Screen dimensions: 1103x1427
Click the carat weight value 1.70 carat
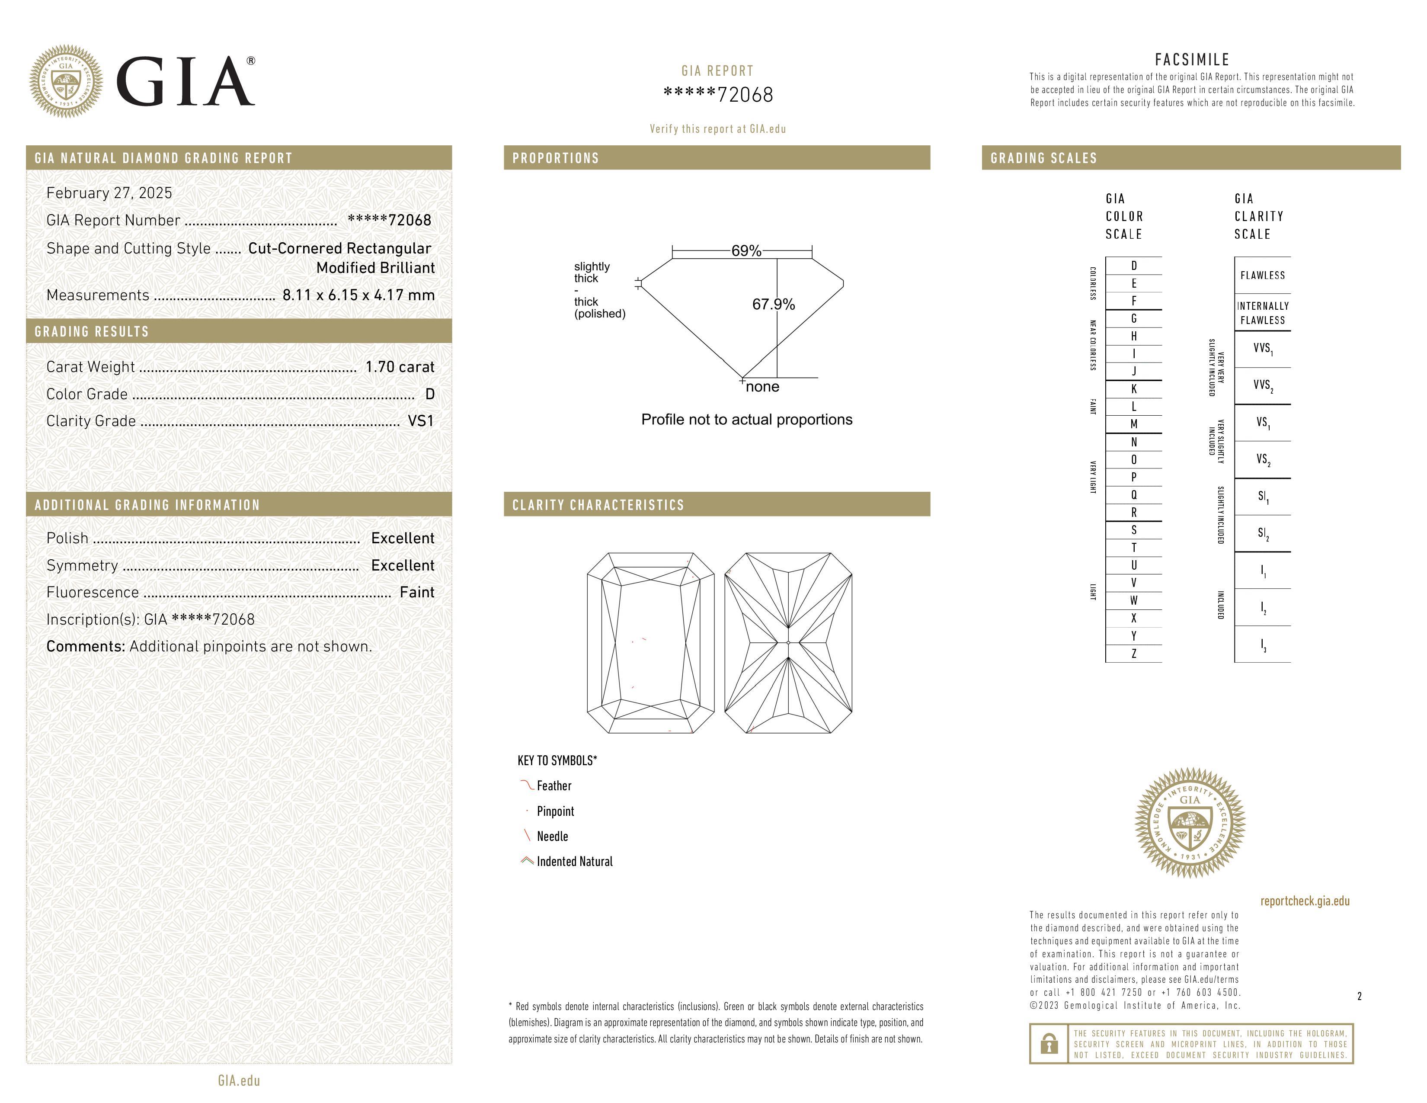(399, 366)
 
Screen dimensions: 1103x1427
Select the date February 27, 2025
(109, 193)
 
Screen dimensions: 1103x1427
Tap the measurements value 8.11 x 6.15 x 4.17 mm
(358, 295)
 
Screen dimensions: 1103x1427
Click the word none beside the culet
(762, 387)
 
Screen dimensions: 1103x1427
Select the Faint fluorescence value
(417, 592)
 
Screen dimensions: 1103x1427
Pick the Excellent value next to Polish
(403, 538)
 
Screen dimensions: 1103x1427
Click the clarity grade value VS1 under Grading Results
(420, 421)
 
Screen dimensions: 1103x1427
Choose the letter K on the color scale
(1134, 389)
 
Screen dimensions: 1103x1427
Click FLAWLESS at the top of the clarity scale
(1262, 275)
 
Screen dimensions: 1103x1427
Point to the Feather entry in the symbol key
(554, 786)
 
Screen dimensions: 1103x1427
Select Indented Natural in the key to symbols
(574, 861)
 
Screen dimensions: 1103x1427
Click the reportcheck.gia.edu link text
(1305, 901)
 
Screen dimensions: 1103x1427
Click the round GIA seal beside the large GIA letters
(65, 82)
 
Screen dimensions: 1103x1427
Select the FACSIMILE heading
(1192, 59)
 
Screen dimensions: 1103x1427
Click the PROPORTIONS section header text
(555, 158)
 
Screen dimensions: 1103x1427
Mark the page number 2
(1359, 996)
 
